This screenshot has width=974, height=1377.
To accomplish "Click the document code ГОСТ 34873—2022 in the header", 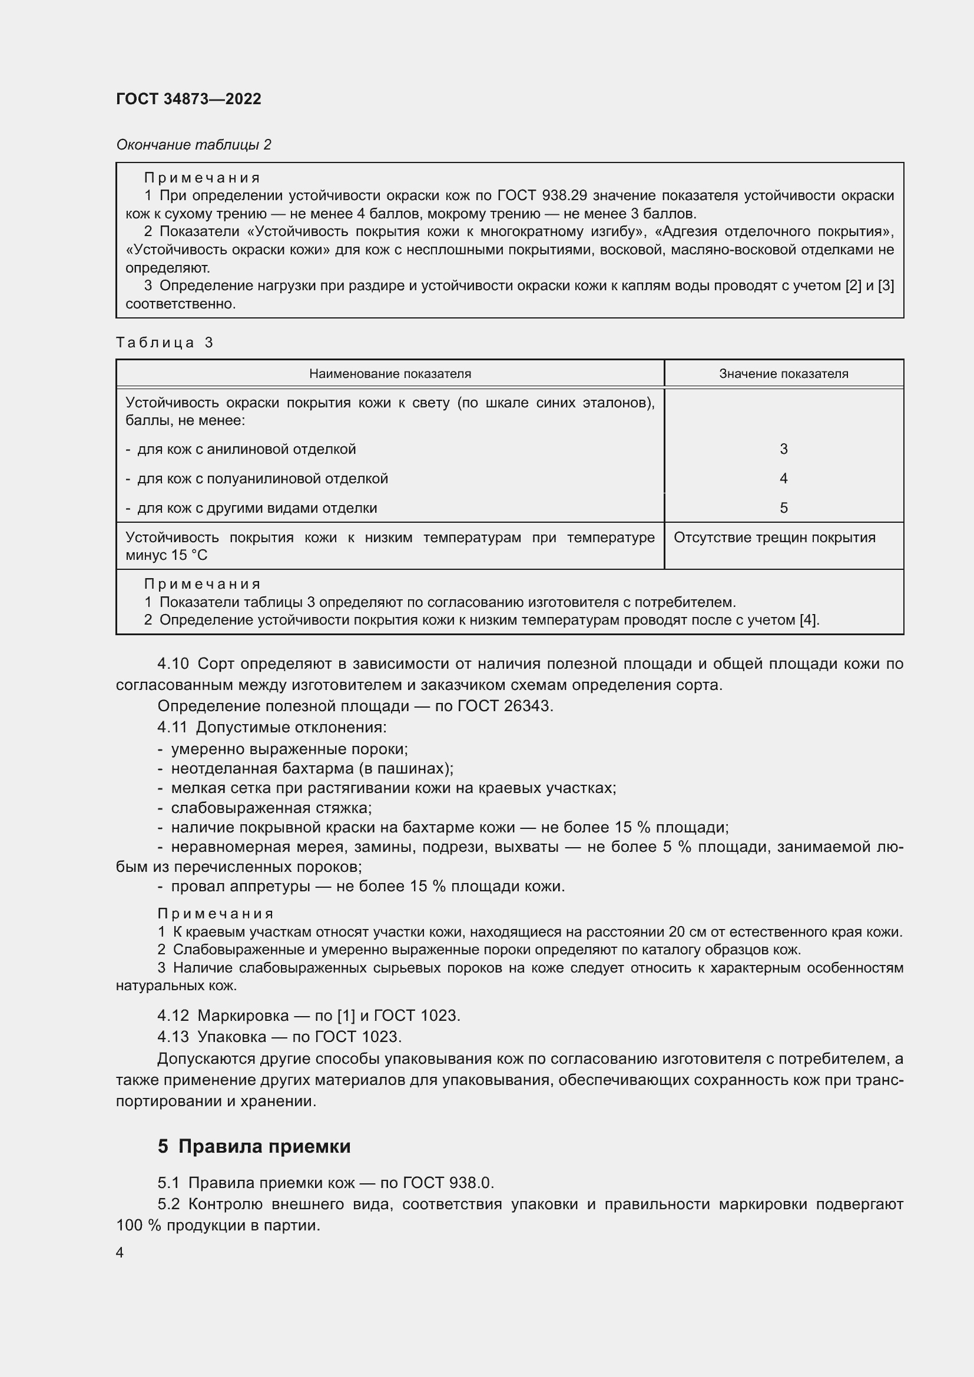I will pyautogui.click(x=188, y=99).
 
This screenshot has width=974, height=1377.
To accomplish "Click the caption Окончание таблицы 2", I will pyautogui.click(x=193, y=145).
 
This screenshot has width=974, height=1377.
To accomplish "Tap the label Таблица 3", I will pyautogui.click(x=164, y=343).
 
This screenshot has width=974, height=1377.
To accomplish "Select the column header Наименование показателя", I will pyautogui.click(x=390, y=374).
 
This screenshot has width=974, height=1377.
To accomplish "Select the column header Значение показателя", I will pyautogui.click(x=783, y=374).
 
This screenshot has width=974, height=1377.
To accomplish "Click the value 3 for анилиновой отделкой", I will pyautogui.click(x=783, y=449).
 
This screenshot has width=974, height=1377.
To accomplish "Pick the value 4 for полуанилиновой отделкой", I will pyautogui.click(x=783, y=479).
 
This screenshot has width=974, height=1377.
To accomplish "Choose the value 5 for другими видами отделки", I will pyautogui.click(x=783, y=508).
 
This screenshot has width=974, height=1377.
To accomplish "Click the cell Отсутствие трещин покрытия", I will pyautogui.click(x=774, y=537).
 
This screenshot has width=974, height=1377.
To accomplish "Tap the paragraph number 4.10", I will pyautogui.click(x=173, y=664).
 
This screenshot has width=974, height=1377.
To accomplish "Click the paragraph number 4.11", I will pyautogui.click(x=172, y=728).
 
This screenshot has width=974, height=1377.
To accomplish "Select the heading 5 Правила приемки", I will pyautogui.click(x=254, y=1146).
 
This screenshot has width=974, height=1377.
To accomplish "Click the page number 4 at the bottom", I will pyautogui.click(x=120, y=1252).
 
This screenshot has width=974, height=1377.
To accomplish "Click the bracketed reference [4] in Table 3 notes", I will pyautogui.click(x=809, y=620).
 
